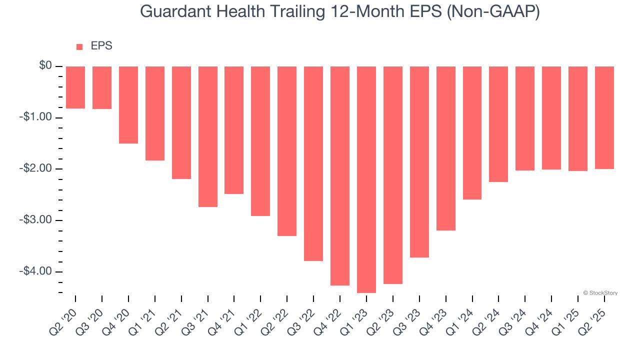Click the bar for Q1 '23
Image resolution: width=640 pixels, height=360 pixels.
366,179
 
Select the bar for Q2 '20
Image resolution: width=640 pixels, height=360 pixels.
75,87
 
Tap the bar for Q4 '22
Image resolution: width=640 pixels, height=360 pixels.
340,176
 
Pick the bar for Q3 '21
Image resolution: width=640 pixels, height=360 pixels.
208,136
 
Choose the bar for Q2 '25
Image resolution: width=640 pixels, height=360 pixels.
604,118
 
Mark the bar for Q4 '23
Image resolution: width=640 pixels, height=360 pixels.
446,148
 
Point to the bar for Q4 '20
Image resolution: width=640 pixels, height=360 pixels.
128,105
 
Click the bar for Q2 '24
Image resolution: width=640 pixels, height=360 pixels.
498,124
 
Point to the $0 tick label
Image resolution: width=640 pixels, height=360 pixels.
45,66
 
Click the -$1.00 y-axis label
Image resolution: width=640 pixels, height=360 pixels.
36,117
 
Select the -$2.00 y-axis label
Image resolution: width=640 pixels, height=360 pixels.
36,168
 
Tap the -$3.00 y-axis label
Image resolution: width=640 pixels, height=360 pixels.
36,220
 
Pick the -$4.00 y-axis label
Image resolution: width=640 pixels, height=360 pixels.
36,271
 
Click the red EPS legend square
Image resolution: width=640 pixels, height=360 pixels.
79,46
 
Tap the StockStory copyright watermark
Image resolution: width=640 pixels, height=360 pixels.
600,293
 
